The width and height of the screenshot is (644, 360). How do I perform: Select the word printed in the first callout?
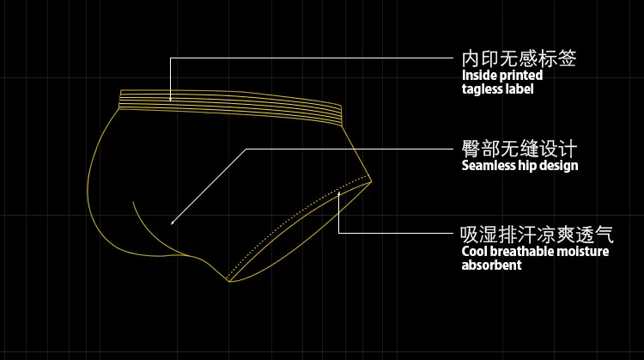pos(521,76)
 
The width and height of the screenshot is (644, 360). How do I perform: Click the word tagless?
pos(484,89)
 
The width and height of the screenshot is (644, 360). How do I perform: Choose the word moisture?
pos(583,252)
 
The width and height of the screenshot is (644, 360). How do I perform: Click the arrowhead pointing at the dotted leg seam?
pos(339,193)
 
